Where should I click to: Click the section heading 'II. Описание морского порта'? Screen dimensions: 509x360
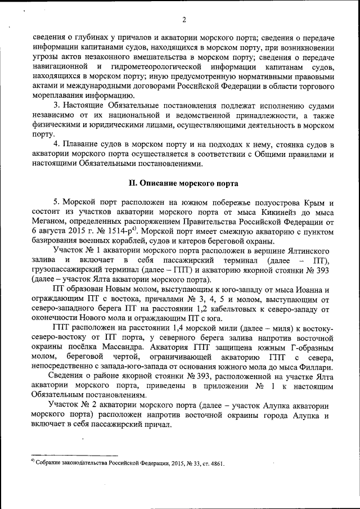pyautogui.click(x=183, y=183)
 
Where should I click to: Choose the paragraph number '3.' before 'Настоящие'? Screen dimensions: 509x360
pyautogui.click(x=57, y=105)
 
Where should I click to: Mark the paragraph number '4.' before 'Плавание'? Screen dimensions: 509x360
pyautogui.click(x=57, y=144)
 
